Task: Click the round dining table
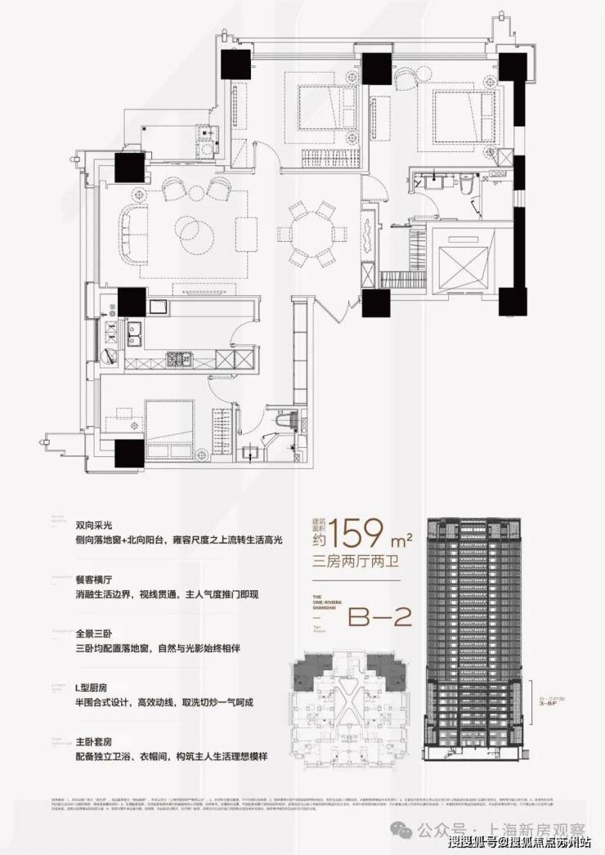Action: coord(311,231)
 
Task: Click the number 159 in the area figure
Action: coord(366,534)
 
